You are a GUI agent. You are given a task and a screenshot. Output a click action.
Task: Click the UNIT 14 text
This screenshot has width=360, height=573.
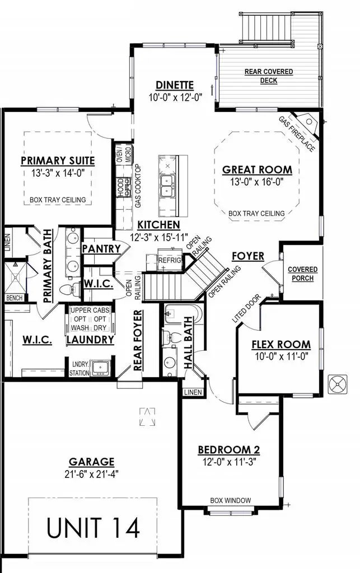pyautogui.click(x=93, y=528)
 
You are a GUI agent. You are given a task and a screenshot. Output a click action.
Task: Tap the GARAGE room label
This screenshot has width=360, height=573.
pyautogui.click(x=91, y=462)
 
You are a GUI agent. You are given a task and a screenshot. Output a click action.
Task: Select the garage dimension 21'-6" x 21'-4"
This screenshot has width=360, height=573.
pyautogui.click(x=91, y=474)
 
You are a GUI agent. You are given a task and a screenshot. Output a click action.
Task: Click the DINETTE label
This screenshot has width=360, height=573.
pyautogui.click(x=175, y=85)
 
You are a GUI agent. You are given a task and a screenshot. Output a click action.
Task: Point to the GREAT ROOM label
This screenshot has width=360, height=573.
pyautogui.click(x=257, y=170)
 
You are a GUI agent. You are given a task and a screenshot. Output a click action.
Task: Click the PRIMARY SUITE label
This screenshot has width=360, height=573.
pyautogui.click(x=58, y=161)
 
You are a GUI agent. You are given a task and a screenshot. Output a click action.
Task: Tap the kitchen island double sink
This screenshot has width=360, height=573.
pyautogui.click(x=166, y=186)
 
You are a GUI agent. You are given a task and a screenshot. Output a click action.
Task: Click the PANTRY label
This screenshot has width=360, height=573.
pyautogui.click(x=101, y=248)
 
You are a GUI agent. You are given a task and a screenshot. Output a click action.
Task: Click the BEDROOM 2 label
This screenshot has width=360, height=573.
pyautogui.click(x=228, y=450)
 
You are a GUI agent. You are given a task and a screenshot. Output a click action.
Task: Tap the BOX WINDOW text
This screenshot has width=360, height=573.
pyautogui.click(x=230, y=500)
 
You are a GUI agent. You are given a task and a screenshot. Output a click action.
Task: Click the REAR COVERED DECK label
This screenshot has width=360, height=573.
pyautogui.click(x=269, y=76)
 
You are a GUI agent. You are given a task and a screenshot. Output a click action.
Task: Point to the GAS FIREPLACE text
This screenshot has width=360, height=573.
pyautogui.click(x=296, y=135)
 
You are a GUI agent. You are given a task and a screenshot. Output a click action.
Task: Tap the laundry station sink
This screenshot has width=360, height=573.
pyautogui.click(x=101, y=367)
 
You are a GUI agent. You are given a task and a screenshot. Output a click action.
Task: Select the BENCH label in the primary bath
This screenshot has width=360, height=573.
pyautogui.click(x=14, y=298)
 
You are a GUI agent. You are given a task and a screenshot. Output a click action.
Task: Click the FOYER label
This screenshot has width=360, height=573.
pyautogui.click(x=248, y=256)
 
